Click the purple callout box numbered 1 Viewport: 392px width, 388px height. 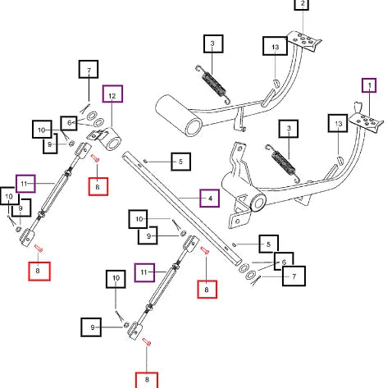[369, 85]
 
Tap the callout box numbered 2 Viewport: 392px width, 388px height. [302, 5]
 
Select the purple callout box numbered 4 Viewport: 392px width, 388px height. [209, 199]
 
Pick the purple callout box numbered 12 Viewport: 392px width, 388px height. [112, 94]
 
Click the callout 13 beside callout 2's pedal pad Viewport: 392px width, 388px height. [275, 46]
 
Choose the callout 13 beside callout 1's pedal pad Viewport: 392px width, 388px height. [338, 123]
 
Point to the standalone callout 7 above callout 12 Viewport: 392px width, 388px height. [89, 69]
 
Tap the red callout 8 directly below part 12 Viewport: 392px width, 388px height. [98, 186]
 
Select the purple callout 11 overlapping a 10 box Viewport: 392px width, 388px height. [25, 184]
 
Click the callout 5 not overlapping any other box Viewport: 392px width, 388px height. [180, 162]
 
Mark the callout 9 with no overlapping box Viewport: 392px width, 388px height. [91, 327]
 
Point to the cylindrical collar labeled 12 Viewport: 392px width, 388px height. [108, 139]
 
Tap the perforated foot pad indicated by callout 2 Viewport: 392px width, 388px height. [304, 41]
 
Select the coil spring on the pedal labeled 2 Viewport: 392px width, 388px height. [213, 84]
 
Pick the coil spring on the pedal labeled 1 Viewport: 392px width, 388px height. [283, 163]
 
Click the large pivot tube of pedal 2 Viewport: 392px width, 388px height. [179, 116]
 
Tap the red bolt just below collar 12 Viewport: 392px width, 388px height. [95, 158]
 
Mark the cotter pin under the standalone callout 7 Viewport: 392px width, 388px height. [85, 108]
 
